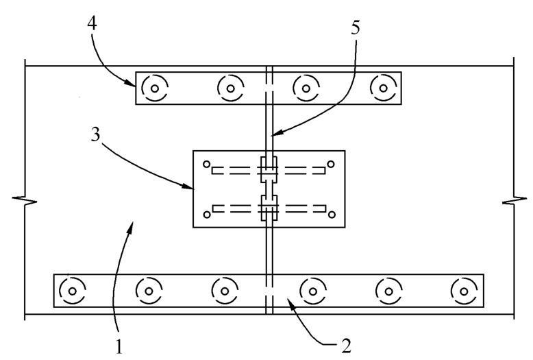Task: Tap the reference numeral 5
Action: pyautogui.click(x=354, y=29)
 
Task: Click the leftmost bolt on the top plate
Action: pyautogui.click(x=155, y=88)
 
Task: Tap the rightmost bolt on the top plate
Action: pyautogui.click(x=383, y=88)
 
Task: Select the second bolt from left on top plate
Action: pyautogui.click(x=231, y=88)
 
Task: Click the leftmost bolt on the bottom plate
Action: pyautogui.click(x=71, y=291)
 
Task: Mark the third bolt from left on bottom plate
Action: pyautogui.click(x=223, y=291)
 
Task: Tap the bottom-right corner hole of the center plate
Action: pyautogui.click(x=331, y=215)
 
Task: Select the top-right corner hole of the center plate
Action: pyautogui.click(x=331, y=164)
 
